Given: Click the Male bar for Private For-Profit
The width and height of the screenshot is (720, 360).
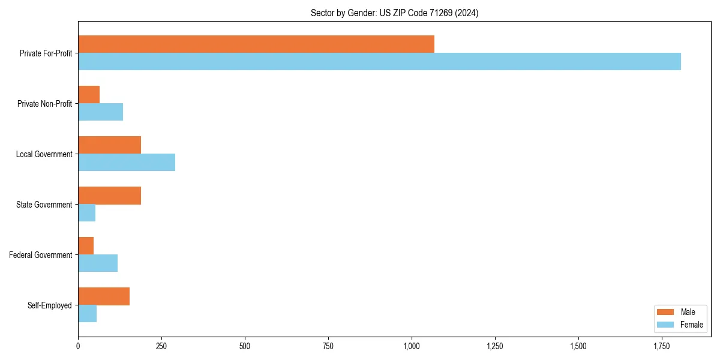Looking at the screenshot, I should [x=256, y=44].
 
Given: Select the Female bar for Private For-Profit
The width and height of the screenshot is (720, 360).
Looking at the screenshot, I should [x=379, y=62].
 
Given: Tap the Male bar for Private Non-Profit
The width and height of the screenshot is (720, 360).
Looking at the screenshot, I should [x=89, y=95].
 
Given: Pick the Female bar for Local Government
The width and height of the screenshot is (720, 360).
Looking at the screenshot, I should [x=127, y=163].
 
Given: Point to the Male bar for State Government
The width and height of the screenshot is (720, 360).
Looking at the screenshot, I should [x=109, y=196].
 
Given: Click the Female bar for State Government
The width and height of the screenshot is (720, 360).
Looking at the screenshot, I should [x=87, y=213].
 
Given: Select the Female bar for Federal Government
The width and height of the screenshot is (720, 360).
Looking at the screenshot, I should [x=98, y=263].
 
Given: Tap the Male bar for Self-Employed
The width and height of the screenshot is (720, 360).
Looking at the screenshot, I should [x=104, y=296].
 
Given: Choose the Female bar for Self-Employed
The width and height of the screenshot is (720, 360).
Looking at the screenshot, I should [x=88, y=314].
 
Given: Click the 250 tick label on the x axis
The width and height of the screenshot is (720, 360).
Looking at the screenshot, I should [x=161, y=346].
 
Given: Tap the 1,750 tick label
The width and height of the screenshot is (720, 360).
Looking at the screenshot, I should [x=662, y=346].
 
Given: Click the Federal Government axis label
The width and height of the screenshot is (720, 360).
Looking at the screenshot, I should [x=40, y=255].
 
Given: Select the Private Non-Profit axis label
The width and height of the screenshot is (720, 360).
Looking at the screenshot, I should [x=44, y=104].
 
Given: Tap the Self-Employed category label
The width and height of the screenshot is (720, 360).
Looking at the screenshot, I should [x=49, y=305].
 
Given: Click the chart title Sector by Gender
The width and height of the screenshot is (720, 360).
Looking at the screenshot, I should [x=394, y=13].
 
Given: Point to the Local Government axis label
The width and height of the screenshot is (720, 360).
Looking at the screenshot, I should [x=44, y=154].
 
